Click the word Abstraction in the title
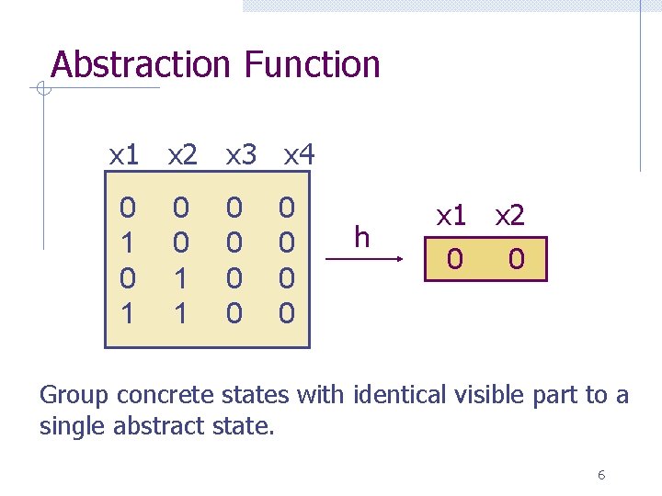(140, 64)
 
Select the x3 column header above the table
(241, 155)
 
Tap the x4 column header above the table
(299, 155)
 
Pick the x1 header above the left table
(124, 155)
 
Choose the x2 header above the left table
(182, 155)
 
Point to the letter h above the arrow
(361, 238)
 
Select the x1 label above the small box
(451, 216)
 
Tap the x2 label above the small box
(509, 216)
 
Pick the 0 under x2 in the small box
(517, 260)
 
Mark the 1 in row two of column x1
(128, 243)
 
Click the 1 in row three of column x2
(181, 278)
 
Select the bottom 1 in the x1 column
(128, 313)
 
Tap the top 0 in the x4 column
(287, 209)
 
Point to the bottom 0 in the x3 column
(234, 313)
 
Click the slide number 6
(600, 475)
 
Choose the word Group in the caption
(74, 395)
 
